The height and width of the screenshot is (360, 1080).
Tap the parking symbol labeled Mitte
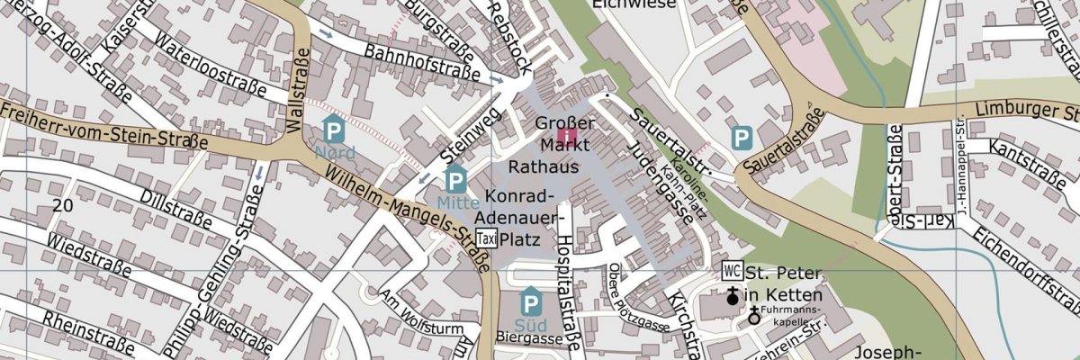click(456, 179)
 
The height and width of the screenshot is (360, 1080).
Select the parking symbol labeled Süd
click(531, 301)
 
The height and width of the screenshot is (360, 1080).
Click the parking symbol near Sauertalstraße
click(742, 138)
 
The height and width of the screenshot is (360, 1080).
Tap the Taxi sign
click(487, 238)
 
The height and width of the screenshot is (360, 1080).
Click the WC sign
click(732, 271)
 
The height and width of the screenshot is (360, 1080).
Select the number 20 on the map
click(62, 205)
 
